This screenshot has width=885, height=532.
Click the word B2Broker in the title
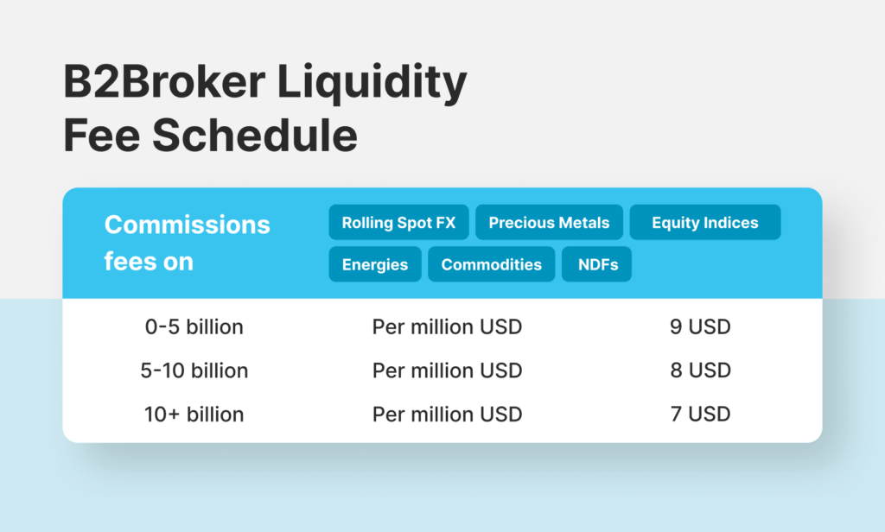coord(164,81)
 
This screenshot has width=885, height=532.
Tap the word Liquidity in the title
coord(372,84)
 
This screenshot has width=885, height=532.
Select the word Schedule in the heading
coord(255,135)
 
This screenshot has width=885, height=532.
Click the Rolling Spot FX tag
coord(398,222)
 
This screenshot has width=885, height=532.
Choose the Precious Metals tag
coord(549,222)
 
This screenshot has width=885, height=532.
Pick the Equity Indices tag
coord(705,222)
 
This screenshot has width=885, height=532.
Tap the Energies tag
coord(375,264)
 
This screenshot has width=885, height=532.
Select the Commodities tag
coord(492,264)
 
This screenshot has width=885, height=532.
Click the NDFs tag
coord(596,264)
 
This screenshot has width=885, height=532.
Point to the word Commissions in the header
coord(188,225)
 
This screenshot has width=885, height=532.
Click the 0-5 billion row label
coord(194,326)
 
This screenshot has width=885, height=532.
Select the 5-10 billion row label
coord(194,370)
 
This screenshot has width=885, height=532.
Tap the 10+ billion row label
coord(194,414)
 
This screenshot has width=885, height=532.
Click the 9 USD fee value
coord(700,326)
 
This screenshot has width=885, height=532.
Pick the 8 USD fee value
coord(700,370)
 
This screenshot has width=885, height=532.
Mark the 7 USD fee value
coord(700,414)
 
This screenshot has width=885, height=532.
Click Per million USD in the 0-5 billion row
coord(447,326)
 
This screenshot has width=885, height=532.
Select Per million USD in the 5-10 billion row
coord(447,370)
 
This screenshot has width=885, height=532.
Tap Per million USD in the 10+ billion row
coord(447,414)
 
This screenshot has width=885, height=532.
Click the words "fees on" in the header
coord(149,262)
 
